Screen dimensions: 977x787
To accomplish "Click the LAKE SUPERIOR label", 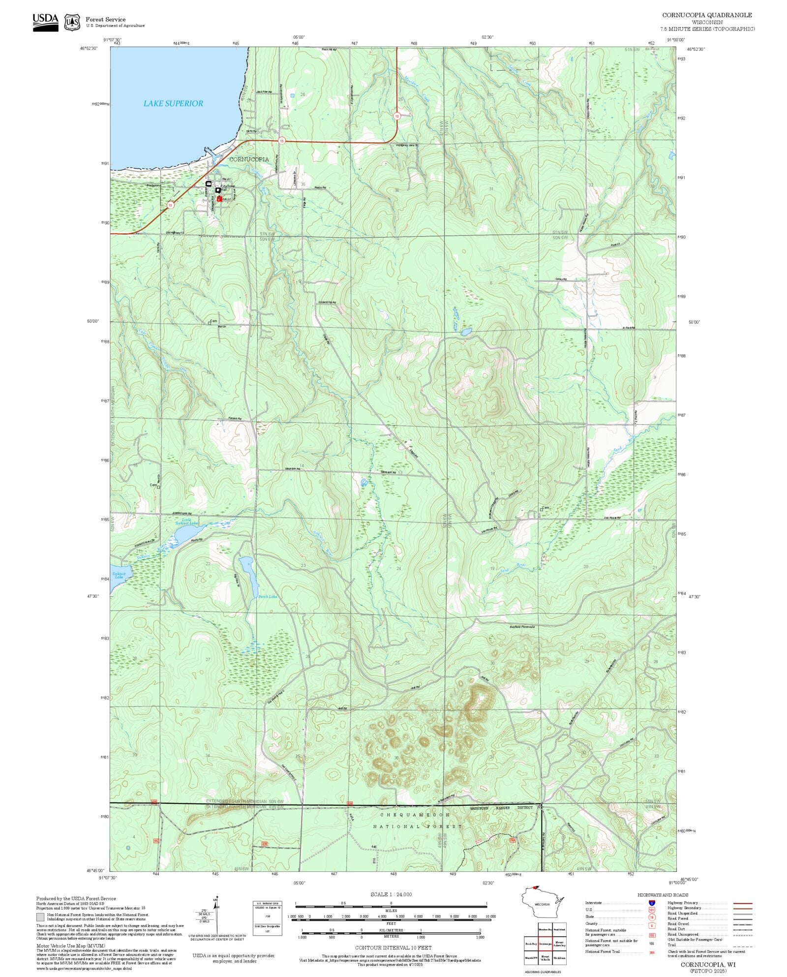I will coord(173,103).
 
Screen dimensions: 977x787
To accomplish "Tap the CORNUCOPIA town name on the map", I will coord(249,159).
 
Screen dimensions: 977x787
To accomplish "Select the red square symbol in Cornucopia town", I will coord(219,199).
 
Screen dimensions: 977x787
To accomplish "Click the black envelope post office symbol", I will coord(209,183).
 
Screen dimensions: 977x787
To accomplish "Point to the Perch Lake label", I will coord(268,597).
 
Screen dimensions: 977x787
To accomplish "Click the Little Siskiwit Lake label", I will coord(186,521).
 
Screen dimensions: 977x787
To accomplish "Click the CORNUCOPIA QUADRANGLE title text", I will coord(707,15).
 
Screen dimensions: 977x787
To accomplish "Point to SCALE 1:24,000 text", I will coord(391,894).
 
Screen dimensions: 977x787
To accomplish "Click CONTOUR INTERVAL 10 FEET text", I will coord(393,947).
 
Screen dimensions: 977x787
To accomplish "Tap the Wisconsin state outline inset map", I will coord(542,904).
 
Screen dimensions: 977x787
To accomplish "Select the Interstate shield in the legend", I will coord(652,903).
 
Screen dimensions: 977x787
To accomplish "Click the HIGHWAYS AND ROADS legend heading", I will coord(663,895).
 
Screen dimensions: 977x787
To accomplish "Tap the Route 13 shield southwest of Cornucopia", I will coord(170,205).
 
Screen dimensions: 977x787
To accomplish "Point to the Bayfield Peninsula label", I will coord(521,627).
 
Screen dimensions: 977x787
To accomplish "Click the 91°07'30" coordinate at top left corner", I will coord(112,40).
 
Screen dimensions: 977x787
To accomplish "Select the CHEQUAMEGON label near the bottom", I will coord(414,815).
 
